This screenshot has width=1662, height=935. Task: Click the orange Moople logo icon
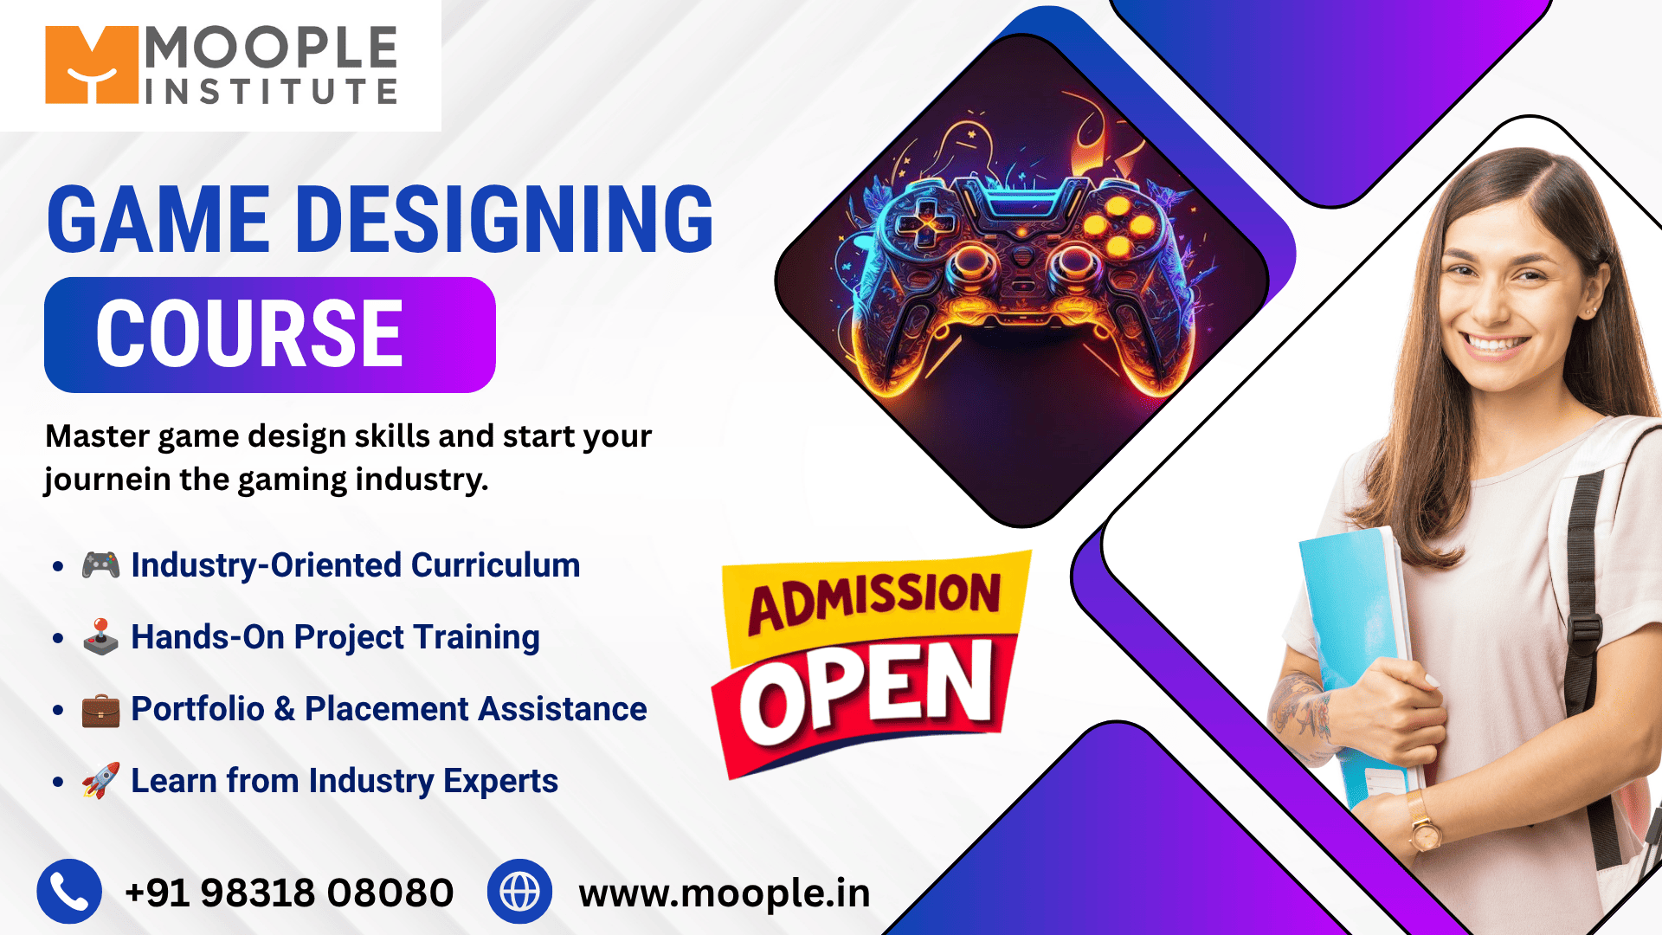tap(92, 65)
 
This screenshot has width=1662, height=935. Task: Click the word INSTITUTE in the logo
tap(272, 91)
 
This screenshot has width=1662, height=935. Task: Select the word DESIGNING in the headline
tap(505, 220)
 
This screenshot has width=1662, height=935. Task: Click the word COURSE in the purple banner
tap(249, 333)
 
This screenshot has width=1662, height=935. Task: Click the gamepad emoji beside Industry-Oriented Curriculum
tap(100, 565)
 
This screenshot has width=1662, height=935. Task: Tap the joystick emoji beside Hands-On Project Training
tap(100, 637)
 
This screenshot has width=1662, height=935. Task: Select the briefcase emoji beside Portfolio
tap(100, 710)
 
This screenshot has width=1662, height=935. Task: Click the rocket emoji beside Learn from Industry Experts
tap(100, 781)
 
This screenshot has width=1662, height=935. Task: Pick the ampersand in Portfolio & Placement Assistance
tap(285, 709)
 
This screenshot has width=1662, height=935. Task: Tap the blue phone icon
tap(69, 892)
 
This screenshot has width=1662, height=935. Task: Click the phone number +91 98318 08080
tap(289, 893)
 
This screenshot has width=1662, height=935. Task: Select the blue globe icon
tap(519, 892)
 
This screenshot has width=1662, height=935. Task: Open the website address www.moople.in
tap(725, 893)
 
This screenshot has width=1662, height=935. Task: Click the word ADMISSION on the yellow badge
tap(874, 601)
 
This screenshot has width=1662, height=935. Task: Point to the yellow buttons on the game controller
tap(1118, 227)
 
